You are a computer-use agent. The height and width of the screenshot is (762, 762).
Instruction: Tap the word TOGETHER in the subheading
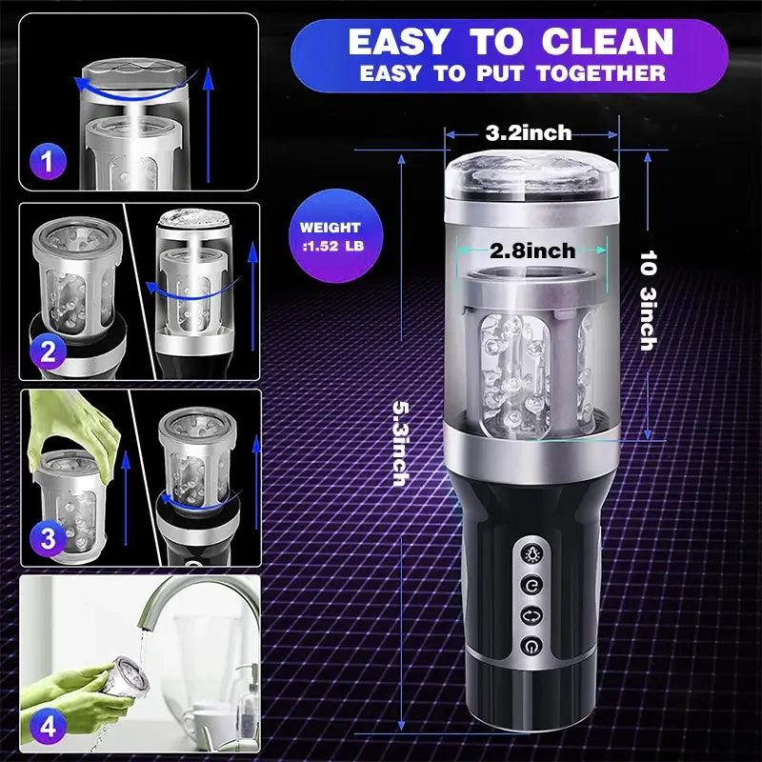point(601,73)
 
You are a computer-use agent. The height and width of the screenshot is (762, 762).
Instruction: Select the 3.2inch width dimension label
point(529,132)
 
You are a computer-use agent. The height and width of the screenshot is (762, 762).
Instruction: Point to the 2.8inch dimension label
point(532,251)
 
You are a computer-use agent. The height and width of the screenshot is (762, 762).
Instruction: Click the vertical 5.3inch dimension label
point(401,443)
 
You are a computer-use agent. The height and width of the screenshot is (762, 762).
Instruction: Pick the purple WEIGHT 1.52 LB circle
point(336,235)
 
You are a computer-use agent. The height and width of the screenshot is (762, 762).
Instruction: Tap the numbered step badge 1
point(47,162)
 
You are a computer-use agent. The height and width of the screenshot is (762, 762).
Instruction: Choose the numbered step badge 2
point(48,351)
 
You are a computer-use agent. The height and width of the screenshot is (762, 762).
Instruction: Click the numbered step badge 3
point(48,538)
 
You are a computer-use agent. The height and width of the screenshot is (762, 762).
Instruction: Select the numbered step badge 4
point(48,727)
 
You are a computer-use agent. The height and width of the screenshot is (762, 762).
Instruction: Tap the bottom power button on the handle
point(532,646)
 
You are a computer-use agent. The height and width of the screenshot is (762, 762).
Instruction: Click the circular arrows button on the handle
point(532,615)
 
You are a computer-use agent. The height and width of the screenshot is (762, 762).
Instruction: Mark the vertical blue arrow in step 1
point(209,125)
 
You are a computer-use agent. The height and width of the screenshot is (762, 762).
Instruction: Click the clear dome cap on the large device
point(531,175)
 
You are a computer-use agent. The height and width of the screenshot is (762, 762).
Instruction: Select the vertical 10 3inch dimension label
point(648,300)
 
